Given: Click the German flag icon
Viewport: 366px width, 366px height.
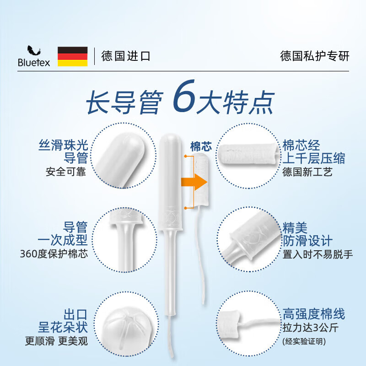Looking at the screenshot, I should [x=72, y=56].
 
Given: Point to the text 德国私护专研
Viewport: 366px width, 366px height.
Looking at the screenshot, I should [x=314, y=56].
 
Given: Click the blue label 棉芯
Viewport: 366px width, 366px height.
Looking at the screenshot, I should [x=201, y=147].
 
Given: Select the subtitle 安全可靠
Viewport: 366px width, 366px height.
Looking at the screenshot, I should [x=66, y=172].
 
